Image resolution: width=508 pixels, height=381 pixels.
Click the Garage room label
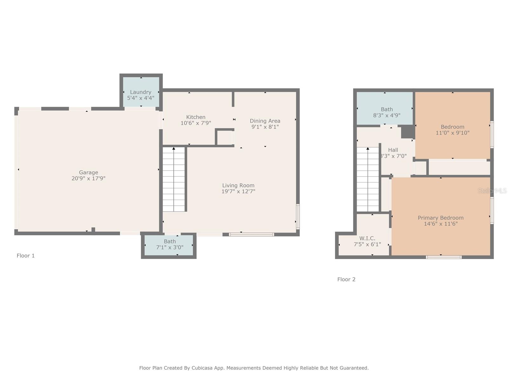click(88, 172)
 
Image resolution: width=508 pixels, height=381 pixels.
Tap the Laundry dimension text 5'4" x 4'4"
click(140, 98)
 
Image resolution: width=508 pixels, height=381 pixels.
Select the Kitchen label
click(196, 117)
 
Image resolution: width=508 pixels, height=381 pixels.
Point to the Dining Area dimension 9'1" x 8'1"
click(265, 127)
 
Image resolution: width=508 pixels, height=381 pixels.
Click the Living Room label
click(238, 185)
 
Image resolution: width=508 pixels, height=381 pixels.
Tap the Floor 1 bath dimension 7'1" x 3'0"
click(170, 247)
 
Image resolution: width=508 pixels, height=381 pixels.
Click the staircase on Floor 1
click(174, 179)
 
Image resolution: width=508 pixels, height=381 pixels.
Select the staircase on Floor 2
click(368, 179)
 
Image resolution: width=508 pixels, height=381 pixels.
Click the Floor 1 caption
click(25, 256)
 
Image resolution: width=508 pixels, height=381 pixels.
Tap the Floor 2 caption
click(346, 279)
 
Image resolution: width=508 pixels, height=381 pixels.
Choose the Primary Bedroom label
click(441, 218)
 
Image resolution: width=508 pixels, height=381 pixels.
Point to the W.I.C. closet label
click(367, 238)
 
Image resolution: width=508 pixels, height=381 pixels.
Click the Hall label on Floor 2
click(393, 150)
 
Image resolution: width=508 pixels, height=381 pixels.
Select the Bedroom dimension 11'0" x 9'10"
click(452, 133)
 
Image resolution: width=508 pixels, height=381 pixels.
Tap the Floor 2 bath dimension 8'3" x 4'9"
click(387, 115)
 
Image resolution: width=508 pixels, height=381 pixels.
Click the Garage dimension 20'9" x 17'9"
click(88, 178)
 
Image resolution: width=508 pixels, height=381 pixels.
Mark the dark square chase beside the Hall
click(408, 132)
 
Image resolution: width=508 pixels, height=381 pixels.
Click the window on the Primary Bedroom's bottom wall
click(444, 257)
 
